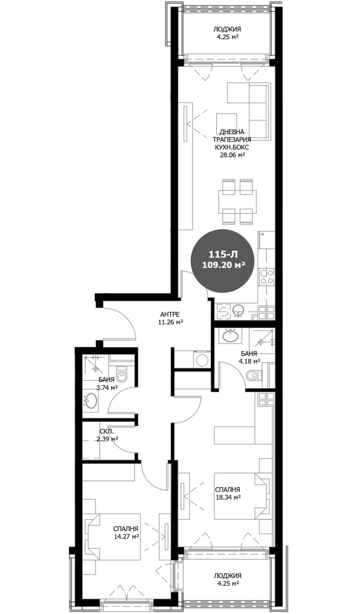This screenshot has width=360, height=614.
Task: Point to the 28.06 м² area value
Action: [x=232, y=155]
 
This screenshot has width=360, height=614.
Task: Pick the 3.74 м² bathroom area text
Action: [x=107, y=387]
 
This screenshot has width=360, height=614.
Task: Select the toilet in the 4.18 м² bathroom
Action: [x=255, y=375]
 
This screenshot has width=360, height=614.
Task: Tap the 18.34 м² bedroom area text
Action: [x=227, y=497]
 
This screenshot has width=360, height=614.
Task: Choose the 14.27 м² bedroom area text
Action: [x=126, y=537]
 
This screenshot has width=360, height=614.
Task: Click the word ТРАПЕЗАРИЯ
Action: [x=232, y=139]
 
